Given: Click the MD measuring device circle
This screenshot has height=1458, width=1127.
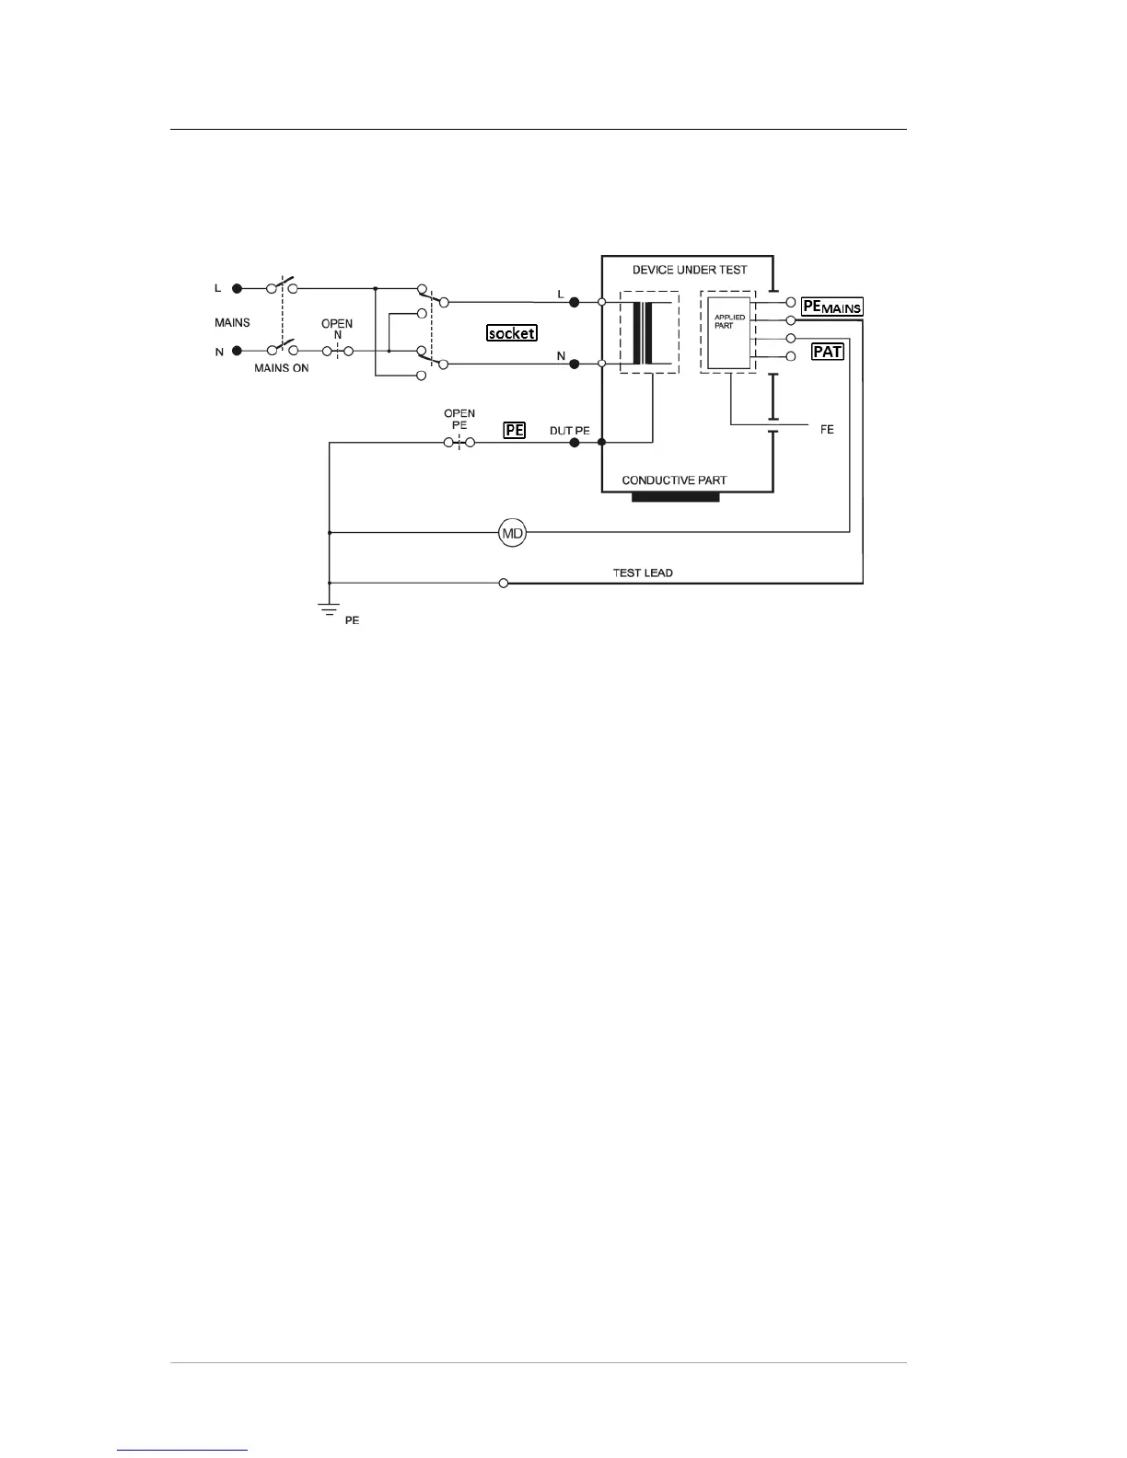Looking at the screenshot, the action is [512, 532].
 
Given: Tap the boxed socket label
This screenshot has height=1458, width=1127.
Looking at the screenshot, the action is [512, 333].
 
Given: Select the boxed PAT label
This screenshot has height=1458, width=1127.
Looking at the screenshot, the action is [828, 352].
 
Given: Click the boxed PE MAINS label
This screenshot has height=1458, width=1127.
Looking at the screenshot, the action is [832, 307].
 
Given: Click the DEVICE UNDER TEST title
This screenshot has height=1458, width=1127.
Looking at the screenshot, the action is [689, 270].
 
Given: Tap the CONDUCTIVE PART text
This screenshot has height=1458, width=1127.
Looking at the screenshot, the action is [674, 480].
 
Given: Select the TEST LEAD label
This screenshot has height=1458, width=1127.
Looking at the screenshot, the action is [643, 573].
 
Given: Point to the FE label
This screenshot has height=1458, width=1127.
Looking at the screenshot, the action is [827, 430].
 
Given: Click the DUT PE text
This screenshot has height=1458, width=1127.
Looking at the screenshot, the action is [569, 431].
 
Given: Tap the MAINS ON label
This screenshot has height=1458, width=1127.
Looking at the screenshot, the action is [282, 368].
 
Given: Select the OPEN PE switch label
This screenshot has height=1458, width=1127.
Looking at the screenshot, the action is [459, 419].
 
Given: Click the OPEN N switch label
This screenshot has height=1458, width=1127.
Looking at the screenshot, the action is [337, 330].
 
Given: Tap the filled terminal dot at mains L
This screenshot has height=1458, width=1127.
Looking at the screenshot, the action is [237, 288].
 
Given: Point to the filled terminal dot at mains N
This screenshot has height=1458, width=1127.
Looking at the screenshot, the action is [237, 351].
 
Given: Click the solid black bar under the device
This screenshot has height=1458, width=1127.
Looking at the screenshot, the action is [676, 497].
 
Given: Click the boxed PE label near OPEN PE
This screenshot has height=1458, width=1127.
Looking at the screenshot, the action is [514, 430].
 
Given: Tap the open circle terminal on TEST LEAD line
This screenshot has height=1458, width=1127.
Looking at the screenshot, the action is [504, 583].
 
